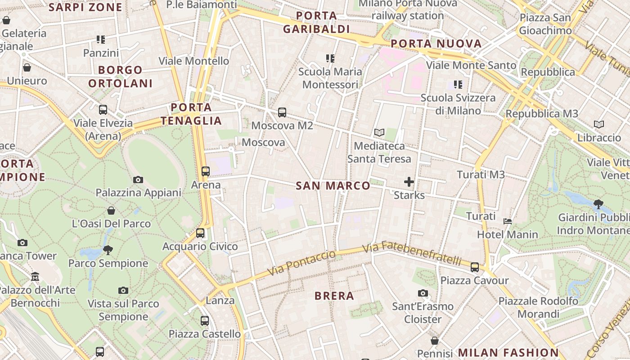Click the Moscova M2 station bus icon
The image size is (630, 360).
coord(282,112)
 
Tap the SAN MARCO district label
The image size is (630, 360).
coord(333,185)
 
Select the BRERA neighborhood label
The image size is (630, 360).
coord(334,296)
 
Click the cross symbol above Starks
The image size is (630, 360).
coord(409,182)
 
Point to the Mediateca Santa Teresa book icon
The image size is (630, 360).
coord(379,133)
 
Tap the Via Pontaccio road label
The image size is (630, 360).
coord(301,263)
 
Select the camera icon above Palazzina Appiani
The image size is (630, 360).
coord(138,180)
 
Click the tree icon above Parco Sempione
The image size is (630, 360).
coord(108,250)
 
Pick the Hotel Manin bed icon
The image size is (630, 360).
coord(508,221)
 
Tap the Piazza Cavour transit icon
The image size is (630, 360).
coord(475,267)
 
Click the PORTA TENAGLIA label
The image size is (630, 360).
coord(191,114)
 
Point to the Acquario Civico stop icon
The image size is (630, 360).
coord(200,233)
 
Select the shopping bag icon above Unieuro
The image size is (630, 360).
coord(27,67)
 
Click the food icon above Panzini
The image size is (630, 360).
coord(101,40)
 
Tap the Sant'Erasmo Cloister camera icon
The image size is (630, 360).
coord(423,293)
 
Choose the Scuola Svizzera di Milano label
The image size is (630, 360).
coord(458,104)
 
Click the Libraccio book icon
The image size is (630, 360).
coord(599,124)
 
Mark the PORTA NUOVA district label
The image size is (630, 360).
coord(436,44)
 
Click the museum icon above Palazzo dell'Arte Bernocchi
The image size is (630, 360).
coord(35,277)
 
